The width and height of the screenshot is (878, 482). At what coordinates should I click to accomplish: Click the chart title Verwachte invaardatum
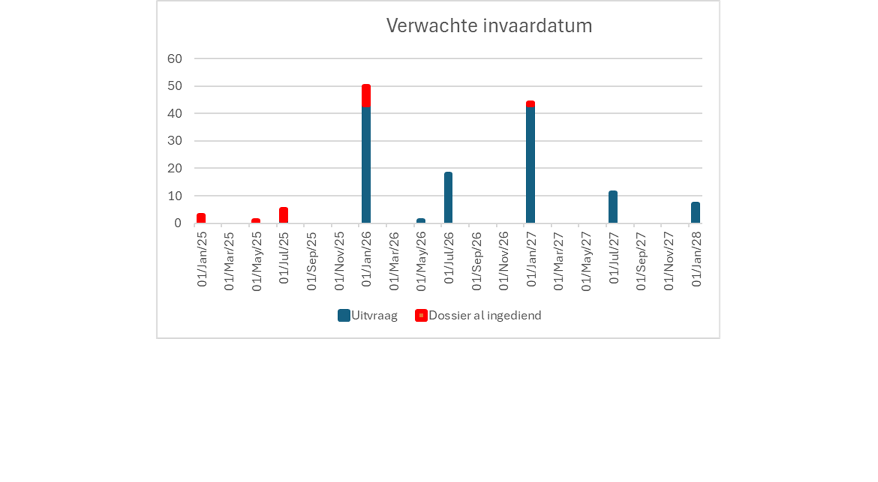[489, 26]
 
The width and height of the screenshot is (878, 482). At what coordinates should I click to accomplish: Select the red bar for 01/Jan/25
[201, 218]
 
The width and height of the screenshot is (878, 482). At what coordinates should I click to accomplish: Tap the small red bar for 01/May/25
[256, 221]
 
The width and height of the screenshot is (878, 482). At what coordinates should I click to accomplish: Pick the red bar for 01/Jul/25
[284, 215]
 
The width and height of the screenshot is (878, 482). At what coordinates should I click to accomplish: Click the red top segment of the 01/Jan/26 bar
[366, 95]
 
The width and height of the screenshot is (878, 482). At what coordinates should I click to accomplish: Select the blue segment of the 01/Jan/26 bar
[366, 165]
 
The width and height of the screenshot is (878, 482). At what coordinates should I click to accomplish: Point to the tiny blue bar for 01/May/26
[421, 221]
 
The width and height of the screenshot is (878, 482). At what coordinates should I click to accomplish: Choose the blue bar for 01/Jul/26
[448, 197]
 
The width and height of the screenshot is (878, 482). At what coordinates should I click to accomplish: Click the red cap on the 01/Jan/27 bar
[531, 104]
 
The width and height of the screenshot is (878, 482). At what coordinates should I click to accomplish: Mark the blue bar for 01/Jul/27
[613, 207]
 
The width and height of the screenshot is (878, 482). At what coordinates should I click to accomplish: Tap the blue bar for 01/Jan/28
[695, 212]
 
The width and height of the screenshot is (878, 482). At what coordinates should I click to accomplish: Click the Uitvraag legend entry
[367, 316]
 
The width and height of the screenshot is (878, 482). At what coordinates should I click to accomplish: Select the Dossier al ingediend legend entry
[478, 316]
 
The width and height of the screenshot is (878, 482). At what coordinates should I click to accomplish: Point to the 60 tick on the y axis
[175, 59]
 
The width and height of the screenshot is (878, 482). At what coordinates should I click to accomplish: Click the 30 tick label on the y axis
[175, 141]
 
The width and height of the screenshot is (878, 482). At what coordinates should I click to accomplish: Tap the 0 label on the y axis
[178, 223]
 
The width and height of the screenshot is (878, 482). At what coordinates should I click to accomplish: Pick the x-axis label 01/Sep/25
[311, 261]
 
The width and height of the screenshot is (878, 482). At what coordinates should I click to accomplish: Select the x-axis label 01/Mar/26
[394, 261]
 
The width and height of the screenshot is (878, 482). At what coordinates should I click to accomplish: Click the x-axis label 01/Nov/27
[668, 261]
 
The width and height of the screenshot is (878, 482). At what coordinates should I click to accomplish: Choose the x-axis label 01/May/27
[586, 261]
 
